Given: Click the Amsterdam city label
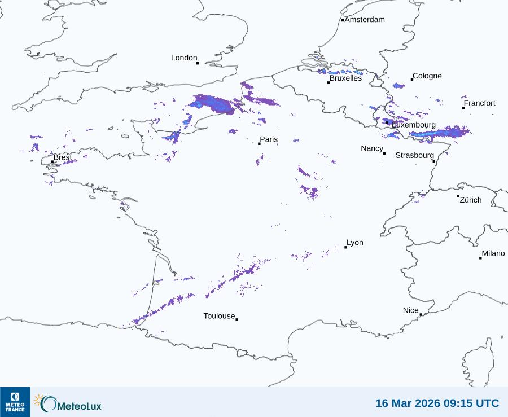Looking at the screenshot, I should point(365,20).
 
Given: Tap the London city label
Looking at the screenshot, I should point(184,58).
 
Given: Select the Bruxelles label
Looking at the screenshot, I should point(345,78).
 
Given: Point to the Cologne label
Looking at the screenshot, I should point(427,76).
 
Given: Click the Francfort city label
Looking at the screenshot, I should point(479,103).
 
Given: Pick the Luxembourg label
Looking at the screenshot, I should point(414,125).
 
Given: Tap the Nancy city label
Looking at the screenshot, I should point(372,148).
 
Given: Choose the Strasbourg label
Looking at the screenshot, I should point(415,155).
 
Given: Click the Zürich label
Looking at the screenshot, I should point(471,200).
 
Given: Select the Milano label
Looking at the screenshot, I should point(493,253).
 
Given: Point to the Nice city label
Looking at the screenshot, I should point(411,310).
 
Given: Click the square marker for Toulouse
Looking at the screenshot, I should point(237,319).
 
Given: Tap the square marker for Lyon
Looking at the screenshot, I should point(345,247).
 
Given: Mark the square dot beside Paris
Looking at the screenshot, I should point(259,143).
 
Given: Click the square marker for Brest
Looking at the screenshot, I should point(52,161).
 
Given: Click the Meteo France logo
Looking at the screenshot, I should point(15,402).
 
